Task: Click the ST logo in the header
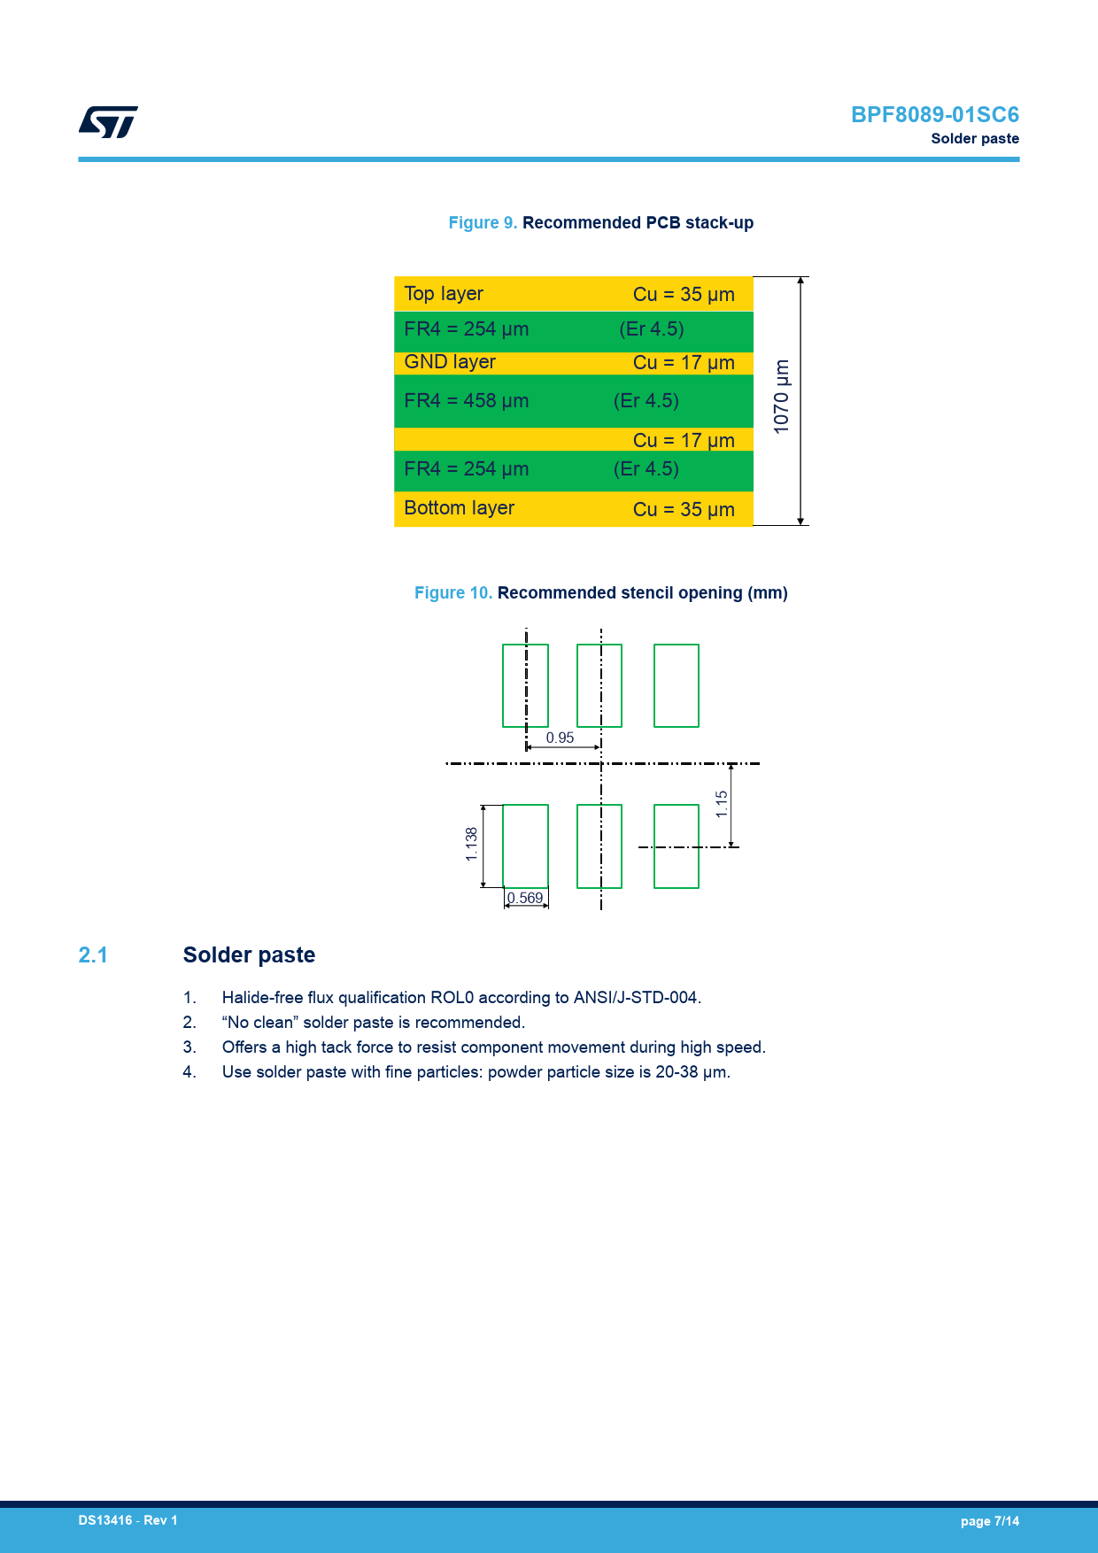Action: (x=108, y=122)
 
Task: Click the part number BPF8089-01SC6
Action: (x=934, y=115)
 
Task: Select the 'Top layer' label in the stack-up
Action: (x=444, y=294)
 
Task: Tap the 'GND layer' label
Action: (x=450, y=362)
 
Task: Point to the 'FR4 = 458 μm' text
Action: (x=466, y=401)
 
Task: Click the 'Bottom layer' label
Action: (x=459, y=508)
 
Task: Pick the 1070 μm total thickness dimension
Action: (x=781, y=397)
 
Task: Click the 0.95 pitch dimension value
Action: (x=560, y=738)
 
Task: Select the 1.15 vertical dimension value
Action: (x=722, y=804)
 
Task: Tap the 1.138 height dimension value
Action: (x=471, y=845)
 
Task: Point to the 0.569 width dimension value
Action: (x=526, y=899)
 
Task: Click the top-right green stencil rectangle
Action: (x=677, y=685)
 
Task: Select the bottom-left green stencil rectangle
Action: (x=525, y=846)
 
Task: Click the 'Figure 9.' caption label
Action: (x=483, y=223)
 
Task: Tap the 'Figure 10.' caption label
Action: (x=452, y=593)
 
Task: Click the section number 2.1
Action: (x=93, y=955)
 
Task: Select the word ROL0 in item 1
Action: (x=452, y=998)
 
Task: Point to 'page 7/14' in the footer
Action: (x=989, y=1521)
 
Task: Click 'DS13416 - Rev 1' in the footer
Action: (x=128, y=1520)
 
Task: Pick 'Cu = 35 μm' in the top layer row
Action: (x=684, y=295)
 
